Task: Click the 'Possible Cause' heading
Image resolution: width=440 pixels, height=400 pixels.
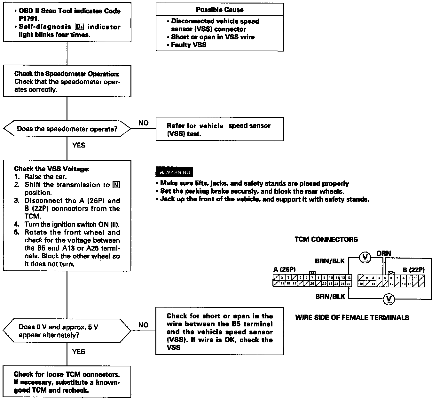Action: click(220, 10)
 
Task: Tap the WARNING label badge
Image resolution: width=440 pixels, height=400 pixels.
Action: click(175, 172)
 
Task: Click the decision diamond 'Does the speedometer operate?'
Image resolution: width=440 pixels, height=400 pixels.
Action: click(67, 129)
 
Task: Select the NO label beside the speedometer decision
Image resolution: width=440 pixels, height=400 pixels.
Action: click(144, 123)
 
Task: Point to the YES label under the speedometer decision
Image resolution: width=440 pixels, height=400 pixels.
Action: click(79, 145)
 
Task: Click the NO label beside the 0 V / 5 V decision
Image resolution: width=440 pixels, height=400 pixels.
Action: click(144, 325)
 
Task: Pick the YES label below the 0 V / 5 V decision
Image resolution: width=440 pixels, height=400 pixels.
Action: click(79, 352)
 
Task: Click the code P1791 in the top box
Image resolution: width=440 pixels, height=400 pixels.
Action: click(28, 19)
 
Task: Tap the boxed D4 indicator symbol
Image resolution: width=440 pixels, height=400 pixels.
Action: click(79, 27)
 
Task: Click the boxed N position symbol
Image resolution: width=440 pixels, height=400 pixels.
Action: click(116, 185)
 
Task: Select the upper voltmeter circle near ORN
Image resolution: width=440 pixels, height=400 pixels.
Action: click(365, 257)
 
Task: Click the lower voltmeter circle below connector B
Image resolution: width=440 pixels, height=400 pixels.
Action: click(389, 299)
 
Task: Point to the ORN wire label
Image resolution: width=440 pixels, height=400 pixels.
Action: click(384, 253)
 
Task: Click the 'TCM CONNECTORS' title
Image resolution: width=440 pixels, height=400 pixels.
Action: click(326, 239)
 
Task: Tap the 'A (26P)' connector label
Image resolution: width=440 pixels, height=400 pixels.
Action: click(285, 269)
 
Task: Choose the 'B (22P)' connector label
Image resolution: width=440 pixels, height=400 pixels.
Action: click(413, 270)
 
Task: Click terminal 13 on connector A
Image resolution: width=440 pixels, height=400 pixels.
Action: click(349, 278)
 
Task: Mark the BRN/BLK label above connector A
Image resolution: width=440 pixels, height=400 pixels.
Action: click(330, 261)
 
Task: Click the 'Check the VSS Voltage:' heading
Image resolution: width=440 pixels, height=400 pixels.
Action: click(51, 169)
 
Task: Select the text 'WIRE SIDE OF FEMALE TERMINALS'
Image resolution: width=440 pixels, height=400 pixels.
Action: click(352, 317)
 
